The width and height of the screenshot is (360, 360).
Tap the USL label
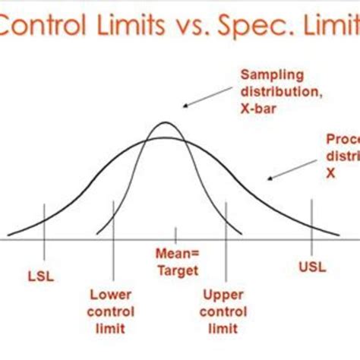(311, 266)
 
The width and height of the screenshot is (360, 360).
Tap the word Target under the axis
(177, 270)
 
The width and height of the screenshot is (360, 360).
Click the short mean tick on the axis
(176, 234)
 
